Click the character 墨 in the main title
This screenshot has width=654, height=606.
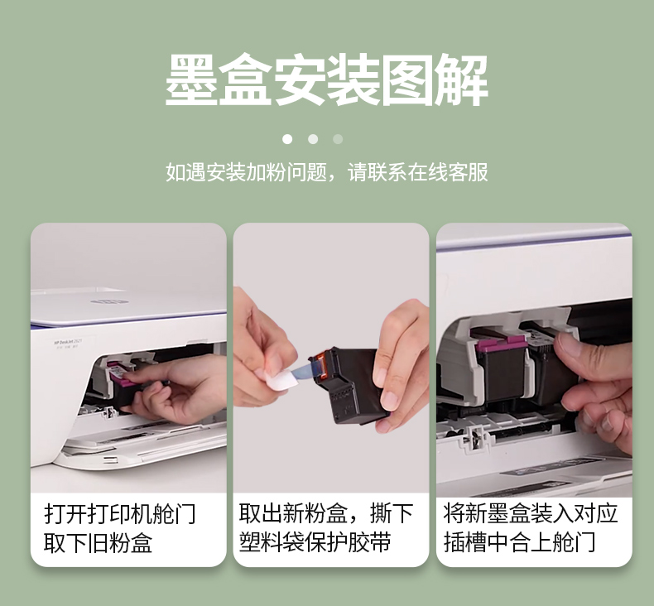(191, 79)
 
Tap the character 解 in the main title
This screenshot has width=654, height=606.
(461, 79)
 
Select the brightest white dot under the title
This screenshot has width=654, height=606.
(287, 139)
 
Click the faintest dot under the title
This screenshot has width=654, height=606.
(338, 139)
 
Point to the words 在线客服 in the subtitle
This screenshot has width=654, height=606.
(448, 172)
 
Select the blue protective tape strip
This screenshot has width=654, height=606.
(309, 369)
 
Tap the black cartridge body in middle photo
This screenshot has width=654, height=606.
(352, 384)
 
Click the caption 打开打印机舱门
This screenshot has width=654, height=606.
(120, 514)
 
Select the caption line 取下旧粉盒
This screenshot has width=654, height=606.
(98, 542)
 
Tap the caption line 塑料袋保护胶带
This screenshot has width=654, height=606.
(315, 542)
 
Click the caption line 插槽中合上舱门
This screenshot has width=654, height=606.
(519, 542)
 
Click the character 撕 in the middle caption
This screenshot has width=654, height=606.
(380, 514)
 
